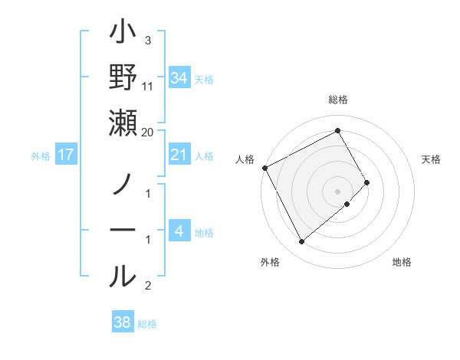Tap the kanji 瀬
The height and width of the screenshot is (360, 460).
point(123,124)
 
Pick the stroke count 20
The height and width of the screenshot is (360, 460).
point(148,132)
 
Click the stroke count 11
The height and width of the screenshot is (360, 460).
point(148,86)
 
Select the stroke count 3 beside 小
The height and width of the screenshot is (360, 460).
point(148,40)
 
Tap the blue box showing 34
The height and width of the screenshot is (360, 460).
point(179,77)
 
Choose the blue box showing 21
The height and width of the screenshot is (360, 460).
point(179,155)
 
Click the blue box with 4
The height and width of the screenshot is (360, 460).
point(179,232)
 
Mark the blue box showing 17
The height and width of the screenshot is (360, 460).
point(66,155)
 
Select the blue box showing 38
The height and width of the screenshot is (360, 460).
point(123,323)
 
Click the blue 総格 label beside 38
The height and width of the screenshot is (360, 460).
point(147,324)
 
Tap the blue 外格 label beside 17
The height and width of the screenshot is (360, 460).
point(41,156)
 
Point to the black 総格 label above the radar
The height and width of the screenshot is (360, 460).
point(338,100)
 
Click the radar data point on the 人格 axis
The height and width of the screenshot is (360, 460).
point(265,168)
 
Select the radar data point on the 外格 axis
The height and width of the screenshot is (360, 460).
point(301,242)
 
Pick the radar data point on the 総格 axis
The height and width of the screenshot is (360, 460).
point(338,130)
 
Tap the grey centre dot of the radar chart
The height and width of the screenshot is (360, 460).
point(338,191)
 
